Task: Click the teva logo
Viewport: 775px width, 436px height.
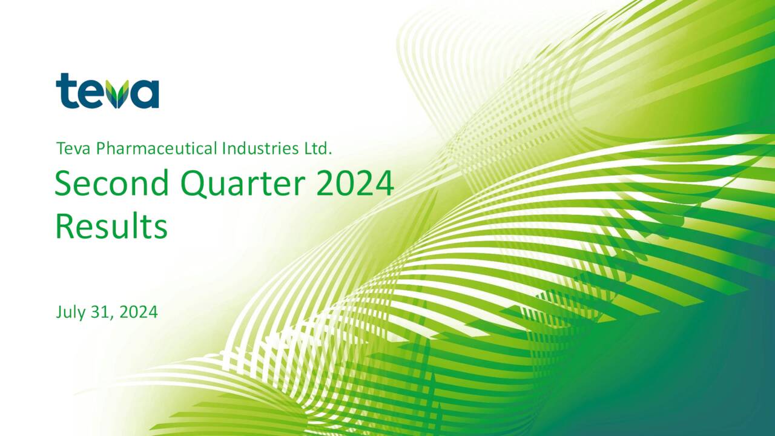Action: click(x=107, y=92)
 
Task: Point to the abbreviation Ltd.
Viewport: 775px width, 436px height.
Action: click(x=318, y=148)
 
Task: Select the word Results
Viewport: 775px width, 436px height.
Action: click(x=111, y=227)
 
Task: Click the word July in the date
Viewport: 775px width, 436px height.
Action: click(x=70, y=312)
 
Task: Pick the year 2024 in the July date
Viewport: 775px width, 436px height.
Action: click(x=139, y=312)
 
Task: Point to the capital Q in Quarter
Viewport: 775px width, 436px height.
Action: click(x=194, y=184)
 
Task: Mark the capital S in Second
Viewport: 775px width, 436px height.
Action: click(x=64, y=184)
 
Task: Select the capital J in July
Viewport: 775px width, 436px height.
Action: click(x=59, y=312)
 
